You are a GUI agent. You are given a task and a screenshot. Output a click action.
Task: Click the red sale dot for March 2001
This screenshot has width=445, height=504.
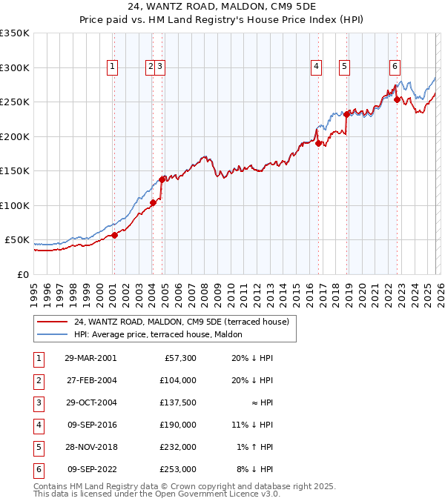point(115,236)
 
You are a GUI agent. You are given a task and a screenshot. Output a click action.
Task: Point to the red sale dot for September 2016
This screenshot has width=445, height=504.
point(318,144)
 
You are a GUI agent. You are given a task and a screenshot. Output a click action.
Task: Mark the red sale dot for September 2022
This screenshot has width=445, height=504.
point(397,99)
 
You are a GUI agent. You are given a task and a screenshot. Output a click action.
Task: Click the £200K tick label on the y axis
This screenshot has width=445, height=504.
point(15,136)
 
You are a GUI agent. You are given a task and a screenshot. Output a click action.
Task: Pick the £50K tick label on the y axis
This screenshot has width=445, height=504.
point(17,240)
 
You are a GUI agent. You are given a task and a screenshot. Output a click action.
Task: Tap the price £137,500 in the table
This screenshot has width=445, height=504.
point(178,404)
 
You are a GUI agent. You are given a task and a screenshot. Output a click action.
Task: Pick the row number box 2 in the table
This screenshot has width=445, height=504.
point(36,381)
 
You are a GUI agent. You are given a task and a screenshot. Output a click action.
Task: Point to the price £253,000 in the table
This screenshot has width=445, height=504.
point(178,468)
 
